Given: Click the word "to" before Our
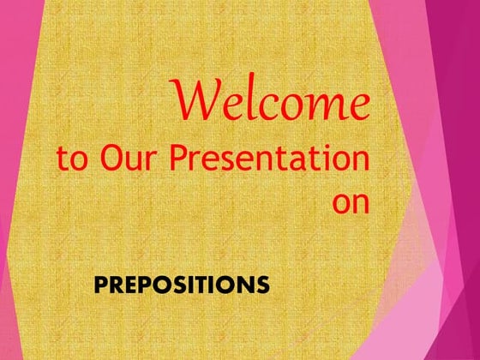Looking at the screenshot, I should point(73,160).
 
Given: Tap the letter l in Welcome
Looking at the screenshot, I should point(254,102).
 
